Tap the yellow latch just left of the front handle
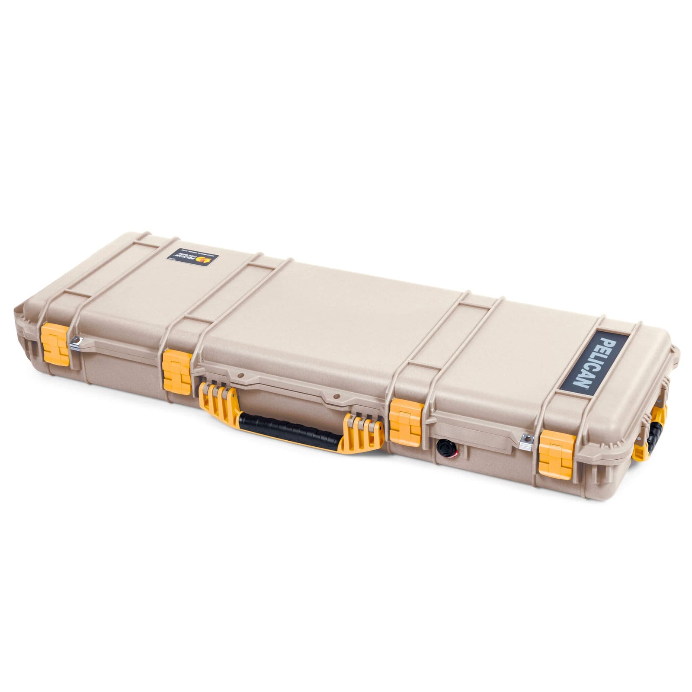[177, 370]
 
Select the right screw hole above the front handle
[334, 394]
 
